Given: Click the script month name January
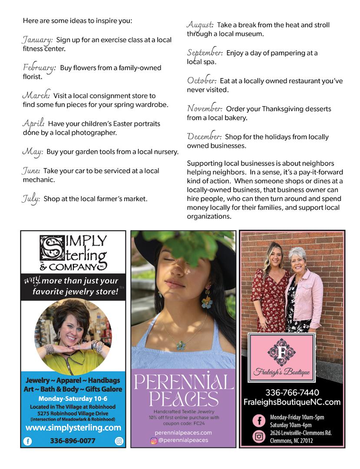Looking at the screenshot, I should click(37, 40).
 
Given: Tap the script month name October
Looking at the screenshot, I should click(201, 81).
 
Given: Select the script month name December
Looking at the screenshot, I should click(204, 137).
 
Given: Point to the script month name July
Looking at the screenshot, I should click(31, 199).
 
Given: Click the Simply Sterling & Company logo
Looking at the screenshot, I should click(73, 253).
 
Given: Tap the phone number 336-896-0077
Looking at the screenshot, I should click(73, 441).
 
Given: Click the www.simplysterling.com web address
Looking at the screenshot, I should click(73, 428).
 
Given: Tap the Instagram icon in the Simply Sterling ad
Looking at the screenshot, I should click(119, 441).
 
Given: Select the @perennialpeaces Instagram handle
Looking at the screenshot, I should click(183, 440).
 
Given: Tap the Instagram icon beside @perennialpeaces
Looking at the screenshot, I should click(153, 440).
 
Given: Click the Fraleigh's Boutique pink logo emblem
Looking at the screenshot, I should click(281, 352).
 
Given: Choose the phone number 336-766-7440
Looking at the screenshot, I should click(292, 392).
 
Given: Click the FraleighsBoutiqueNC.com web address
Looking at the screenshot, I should click(292, 402).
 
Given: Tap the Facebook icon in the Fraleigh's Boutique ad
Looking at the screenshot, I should click(259, 421).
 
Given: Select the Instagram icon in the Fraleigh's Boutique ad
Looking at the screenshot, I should click(259, 436).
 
